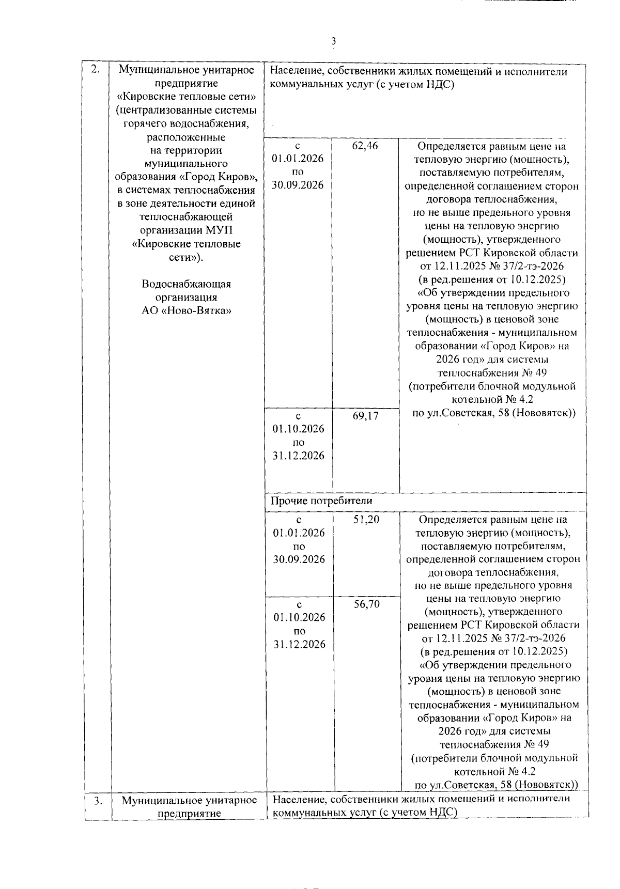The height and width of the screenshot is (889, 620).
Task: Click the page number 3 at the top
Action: coord(334,41)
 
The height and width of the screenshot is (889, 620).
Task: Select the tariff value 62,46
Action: coord(365,146)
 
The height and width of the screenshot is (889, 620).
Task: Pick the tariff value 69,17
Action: coord(365,416)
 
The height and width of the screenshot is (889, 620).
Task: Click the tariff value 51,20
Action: coord(366,520)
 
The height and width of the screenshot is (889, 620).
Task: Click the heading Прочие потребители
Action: coord(321,501)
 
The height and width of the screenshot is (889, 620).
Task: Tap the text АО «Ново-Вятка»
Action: coord(187,311)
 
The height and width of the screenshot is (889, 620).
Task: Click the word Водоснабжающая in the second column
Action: coord(187,284)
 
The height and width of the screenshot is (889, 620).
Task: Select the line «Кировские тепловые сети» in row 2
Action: coord(187,97)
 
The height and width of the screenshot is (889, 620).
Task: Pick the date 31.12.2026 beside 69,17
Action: coord(298,456)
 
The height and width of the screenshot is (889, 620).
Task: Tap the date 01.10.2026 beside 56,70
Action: coord(299,618)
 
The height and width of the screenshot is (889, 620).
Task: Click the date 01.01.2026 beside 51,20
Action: coord(299,533)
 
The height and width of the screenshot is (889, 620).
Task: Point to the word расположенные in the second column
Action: coord(187,137)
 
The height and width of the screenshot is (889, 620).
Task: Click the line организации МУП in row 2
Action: coord(187,230)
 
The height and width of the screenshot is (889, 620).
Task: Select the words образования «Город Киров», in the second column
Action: coord(187,177)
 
